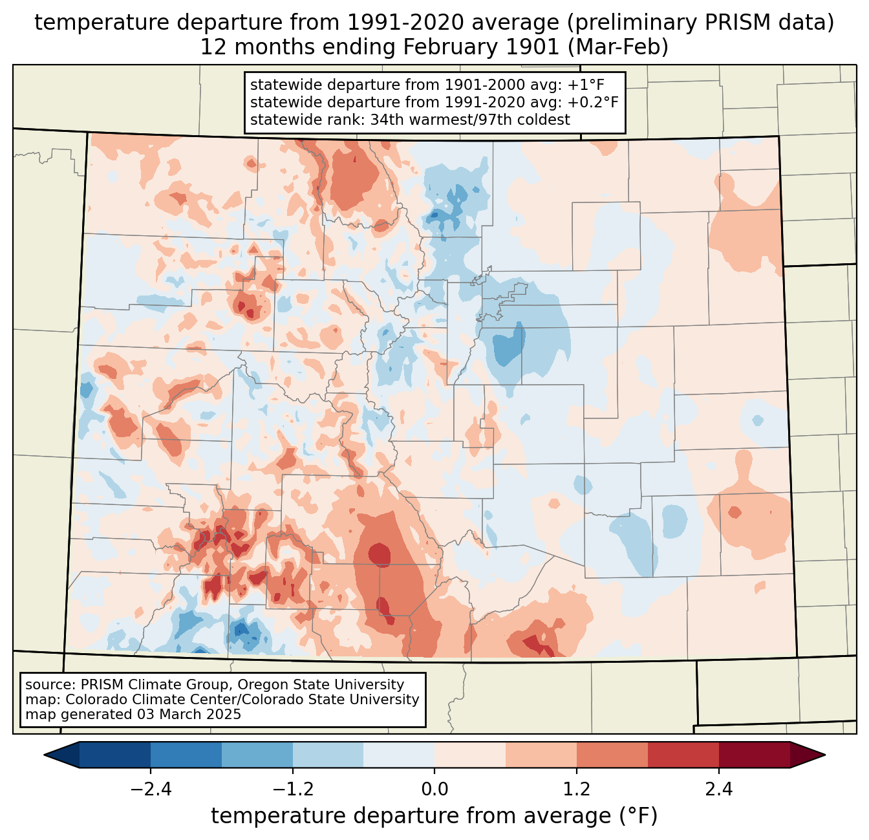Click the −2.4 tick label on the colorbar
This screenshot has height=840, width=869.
tap(151, 790)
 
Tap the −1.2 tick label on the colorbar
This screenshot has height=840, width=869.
tap(292, 790)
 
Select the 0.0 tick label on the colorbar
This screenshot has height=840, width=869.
tap(434, 790)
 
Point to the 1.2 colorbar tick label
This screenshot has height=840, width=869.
tap(577, 790)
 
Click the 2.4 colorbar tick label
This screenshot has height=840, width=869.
tap(718, 790)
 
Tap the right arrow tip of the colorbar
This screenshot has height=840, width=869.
tap(823, 755)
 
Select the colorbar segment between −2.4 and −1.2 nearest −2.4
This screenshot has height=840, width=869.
tap(186, 755)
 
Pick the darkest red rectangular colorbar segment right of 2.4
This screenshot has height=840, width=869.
tap(754, 755)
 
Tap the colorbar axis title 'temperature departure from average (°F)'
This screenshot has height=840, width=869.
tap(434, 816)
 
